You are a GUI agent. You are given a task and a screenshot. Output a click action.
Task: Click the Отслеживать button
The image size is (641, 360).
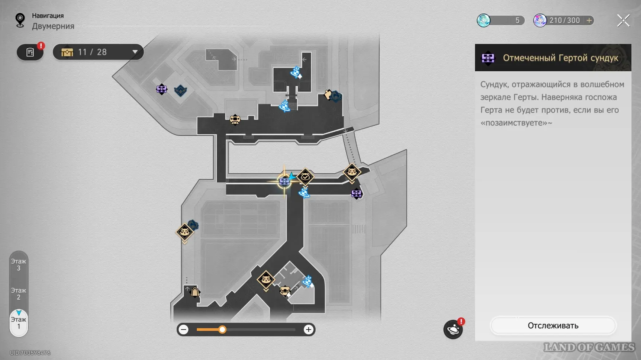pyautogui.click(x=553, y=325)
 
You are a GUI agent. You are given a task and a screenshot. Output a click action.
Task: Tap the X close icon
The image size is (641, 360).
pyautogui.click(x=623, y=20)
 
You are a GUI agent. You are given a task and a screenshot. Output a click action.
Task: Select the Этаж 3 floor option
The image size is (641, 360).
pyautogui.click(x=19, y=264)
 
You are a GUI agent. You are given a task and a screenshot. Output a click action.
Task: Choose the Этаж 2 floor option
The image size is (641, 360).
pyautogui.click(x=19, y=293)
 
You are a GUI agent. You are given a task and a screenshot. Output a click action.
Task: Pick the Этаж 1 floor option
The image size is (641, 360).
pyautogui.click(x=19, y=323)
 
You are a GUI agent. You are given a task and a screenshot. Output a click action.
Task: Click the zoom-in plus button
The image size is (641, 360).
pyautogui.click(x=308, y=330)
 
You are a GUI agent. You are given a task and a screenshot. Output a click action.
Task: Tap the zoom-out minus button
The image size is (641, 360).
pyautogui.click(x=183, y=330)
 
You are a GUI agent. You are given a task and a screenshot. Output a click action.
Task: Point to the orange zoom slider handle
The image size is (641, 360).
pyautogui.click(x=222, y=330)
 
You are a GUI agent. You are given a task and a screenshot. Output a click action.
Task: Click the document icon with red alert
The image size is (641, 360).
pyautogui.click(x=30, y=52)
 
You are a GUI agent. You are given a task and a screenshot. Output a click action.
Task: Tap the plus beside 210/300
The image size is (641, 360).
pyautogui.click(x=589, y=20)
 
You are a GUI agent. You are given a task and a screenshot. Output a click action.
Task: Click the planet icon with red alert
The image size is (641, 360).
pyautogui.click(x=453, y=329)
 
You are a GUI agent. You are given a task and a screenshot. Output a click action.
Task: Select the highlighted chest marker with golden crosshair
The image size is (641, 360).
pyautogui.click(x=284, y=181)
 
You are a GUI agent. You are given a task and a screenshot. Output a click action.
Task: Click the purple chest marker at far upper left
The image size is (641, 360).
pyautogui.click(x=161, y=89)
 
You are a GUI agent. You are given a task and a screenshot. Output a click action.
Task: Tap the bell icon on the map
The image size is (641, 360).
pyautogui.click(x=195, y=292)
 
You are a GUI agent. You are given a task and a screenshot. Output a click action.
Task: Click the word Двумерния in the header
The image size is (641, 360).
pyautogui.click(x=53, y=26)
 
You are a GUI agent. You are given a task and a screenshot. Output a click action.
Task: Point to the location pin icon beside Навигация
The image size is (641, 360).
pyautogui.click(x=20, y=20)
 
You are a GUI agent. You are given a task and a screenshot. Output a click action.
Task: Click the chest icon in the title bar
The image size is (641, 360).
pyautogui.click(x=488, y=58)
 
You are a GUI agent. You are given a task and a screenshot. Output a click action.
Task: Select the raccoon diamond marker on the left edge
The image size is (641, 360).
pyautogui.click(x=184, y=232)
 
